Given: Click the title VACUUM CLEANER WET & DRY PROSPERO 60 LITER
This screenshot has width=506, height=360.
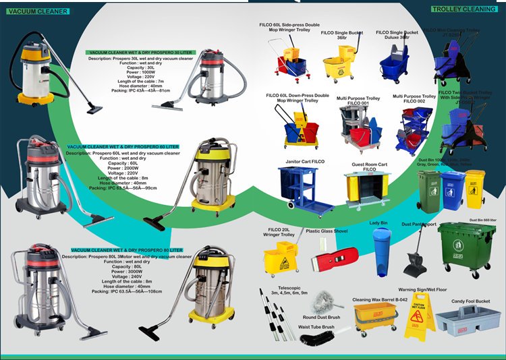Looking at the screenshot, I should pos(123,146).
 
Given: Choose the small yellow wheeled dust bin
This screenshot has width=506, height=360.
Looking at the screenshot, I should pos(475,188).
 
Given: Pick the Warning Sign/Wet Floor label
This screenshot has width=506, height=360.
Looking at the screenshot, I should pos(422,290).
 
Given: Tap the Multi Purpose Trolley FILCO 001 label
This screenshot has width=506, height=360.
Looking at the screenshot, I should pos(358,100).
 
